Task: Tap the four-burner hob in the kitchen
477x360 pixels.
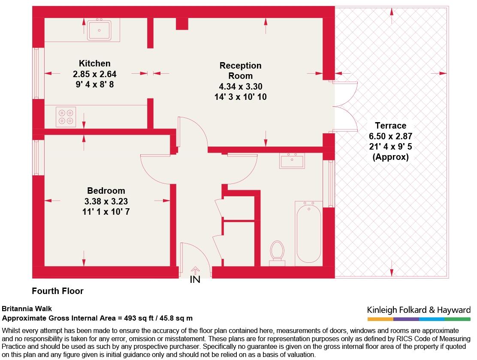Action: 66,117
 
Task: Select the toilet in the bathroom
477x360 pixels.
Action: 277,250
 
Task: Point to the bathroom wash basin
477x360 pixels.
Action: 292,161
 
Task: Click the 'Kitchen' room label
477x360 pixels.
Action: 94,63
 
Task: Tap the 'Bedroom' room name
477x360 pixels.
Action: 106,191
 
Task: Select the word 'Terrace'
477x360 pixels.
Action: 390,126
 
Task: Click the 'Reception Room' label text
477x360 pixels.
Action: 240,71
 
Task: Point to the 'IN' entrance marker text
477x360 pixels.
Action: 195,280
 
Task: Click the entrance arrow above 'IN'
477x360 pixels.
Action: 195,270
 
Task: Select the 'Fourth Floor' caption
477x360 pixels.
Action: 57,291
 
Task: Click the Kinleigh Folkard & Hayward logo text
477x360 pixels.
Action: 419,310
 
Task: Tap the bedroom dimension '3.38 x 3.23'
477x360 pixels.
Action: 106,201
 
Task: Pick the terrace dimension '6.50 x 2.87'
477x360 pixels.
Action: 390,136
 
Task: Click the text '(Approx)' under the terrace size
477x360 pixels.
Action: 390,157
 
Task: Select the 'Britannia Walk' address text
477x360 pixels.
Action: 27,308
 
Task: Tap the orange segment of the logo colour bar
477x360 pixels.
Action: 380,319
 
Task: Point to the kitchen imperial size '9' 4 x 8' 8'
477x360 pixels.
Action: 94,84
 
